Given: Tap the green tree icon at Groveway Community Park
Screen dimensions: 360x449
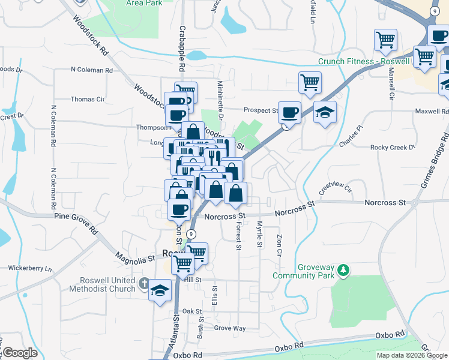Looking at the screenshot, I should pos(343,271).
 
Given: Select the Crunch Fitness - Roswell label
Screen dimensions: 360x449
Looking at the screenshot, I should pos(364,61).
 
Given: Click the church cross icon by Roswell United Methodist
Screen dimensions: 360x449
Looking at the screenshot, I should pos(144,283).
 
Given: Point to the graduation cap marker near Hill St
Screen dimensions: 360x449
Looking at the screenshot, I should pos(159,290).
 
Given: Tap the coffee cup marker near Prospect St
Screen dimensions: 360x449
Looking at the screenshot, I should pos(290,112).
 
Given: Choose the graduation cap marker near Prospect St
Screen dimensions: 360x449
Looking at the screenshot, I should pos(325,112).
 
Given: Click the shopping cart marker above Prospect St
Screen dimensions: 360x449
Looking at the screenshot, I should pos(310,82).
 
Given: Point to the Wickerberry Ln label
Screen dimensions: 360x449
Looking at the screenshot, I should pos(30,268).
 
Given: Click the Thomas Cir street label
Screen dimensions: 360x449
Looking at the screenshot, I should pos(88,99).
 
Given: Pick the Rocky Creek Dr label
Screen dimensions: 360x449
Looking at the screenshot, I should pos(392,147).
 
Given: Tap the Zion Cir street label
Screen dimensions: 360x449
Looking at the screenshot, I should pos(279,245).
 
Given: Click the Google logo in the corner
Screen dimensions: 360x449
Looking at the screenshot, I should pos(19,353).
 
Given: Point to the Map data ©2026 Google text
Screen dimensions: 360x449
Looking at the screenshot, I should pos(411,355).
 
